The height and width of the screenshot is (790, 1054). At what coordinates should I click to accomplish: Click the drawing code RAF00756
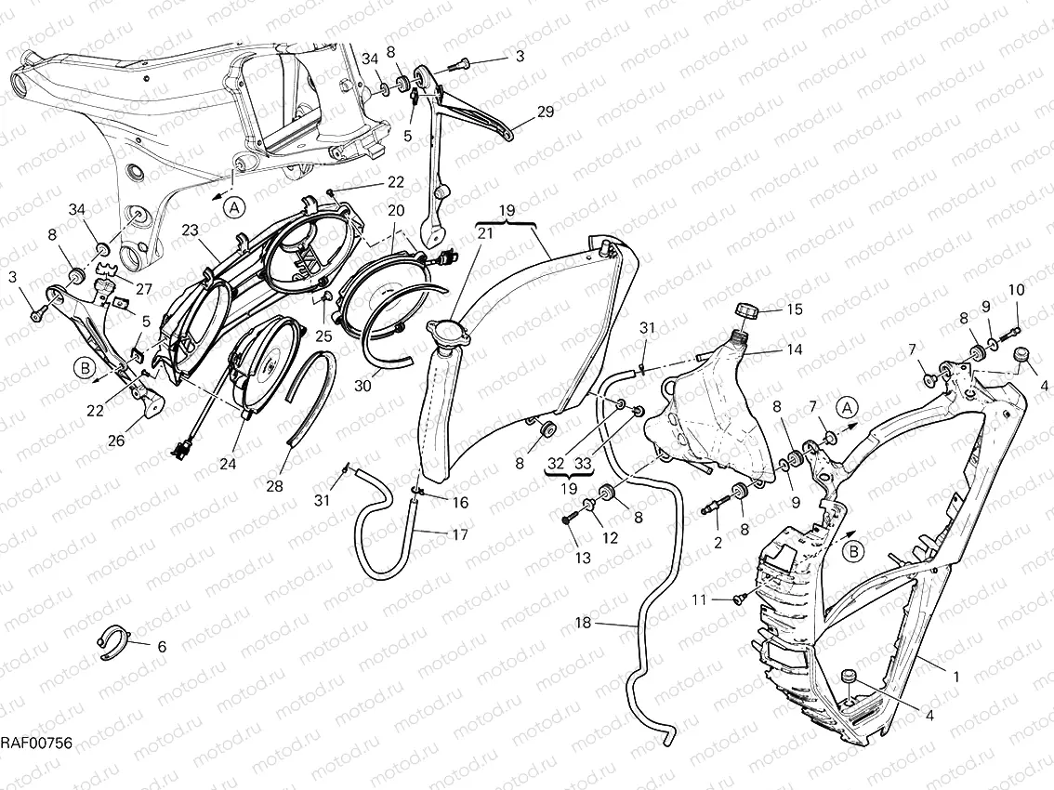pyautogui.click(x=35, y=743)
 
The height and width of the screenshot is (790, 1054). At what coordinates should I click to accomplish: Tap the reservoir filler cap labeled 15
pyautogui.click(x=747, y=310)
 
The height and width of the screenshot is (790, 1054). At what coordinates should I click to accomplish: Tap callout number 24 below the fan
pyautogui.click(x=227, y=464)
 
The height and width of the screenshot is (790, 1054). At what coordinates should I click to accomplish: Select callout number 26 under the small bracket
pyautogui.click(x=116, y=441)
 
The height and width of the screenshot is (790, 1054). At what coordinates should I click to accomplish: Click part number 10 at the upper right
pyautogui.click(x=1016, y=290)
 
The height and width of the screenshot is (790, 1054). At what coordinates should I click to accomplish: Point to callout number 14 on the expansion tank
pyautogui.click(x=795, y=350)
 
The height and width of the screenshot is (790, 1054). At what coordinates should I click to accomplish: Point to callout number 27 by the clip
pyautogui.click(x=144, y=288)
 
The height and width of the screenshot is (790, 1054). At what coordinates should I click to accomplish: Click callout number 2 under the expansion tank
pyautogui.click(x=718, y=543)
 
